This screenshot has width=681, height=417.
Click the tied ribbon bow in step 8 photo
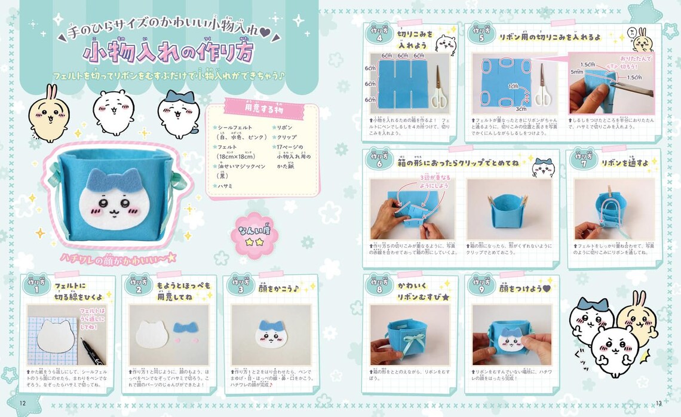[410, 342]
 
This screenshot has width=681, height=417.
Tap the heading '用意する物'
[260, 110]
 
